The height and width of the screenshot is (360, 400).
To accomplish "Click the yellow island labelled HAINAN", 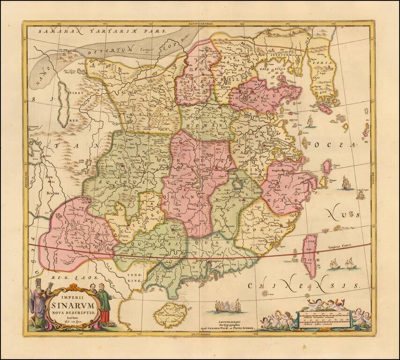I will pos(168,315).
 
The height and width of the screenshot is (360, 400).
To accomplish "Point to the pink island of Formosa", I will pos(310,256).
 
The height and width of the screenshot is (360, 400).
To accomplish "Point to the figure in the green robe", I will pos(105,305).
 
